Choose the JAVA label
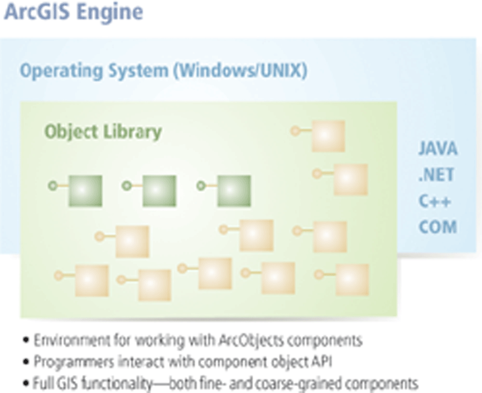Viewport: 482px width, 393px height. tap(438, 149)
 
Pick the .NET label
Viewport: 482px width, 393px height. tap(436, 175)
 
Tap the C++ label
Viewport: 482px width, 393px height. tap(434, 201)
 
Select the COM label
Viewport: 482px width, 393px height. tap(438, 226)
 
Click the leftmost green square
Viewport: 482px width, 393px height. tap(85, 191)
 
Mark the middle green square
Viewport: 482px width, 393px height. tap(159, 191)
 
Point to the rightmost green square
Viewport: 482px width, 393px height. tap(234, 191)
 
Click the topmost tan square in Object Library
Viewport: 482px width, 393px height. tap(328, 136)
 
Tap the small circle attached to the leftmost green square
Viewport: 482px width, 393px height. tap(52, 186)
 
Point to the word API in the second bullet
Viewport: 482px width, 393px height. tap(321, 362)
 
